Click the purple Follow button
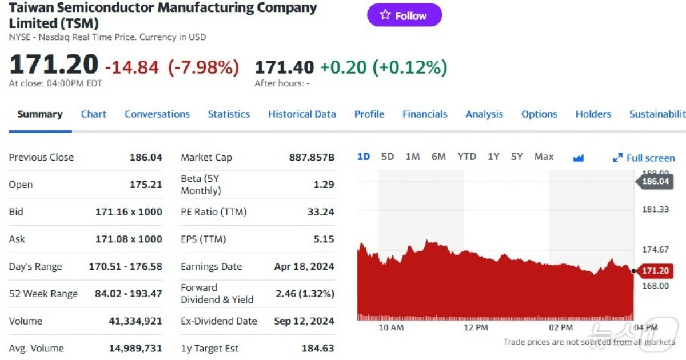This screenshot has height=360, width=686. point(404,15)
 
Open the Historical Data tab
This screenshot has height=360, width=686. point(302,114)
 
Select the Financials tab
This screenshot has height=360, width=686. point(425,114)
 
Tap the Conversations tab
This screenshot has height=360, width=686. point(157,114)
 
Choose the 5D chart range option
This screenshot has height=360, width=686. point(388,157)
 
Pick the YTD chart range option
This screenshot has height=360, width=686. point(466,157)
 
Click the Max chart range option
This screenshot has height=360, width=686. point(544,157)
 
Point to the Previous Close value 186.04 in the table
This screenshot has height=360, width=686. point(146,158)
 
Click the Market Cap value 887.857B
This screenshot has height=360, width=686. point(312,158)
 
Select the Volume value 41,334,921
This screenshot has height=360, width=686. point(135,321)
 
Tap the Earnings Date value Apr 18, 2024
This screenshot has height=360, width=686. point(304,267)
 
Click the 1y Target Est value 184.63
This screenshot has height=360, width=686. point(318,349)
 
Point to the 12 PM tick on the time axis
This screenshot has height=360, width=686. point(476,327)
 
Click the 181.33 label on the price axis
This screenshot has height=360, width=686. point(655,210)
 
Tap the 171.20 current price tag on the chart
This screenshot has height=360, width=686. point(655,270)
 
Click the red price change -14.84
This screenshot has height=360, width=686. point(132,67)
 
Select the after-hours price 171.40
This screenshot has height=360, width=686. point(284,67)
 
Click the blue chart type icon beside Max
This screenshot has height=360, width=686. point(578,158)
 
